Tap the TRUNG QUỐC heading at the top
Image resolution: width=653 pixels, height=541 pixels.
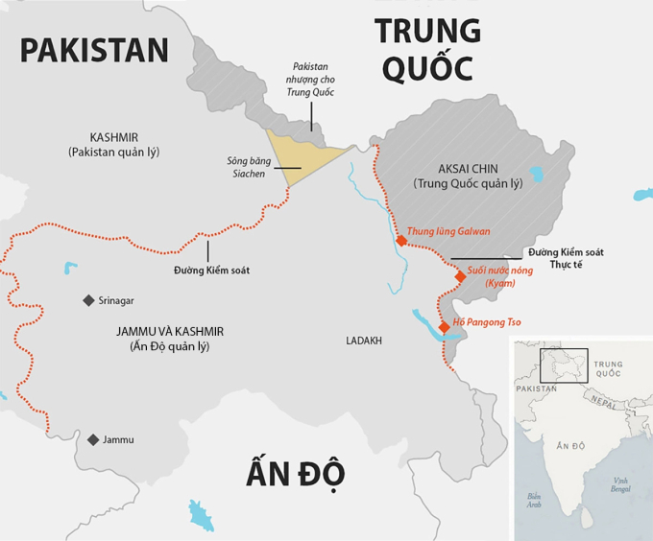426,49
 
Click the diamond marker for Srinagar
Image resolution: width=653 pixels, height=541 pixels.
88,300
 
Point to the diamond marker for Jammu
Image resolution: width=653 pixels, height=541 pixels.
93,439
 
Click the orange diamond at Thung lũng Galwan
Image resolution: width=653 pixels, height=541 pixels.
400,241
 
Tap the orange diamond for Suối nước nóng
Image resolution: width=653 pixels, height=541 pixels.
460,276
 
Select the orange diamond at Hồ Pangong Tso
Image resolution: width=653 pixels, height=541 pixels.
444,327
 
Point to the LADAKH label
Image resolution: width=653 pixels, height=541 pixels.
364,341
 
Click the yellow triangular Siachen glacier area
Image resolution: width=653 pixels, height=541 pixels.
299,153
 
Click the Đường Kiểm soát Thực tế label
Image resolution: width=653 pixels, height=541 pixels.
566,258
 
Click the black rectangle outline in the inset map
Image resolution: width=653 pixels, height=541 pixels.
564,365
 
